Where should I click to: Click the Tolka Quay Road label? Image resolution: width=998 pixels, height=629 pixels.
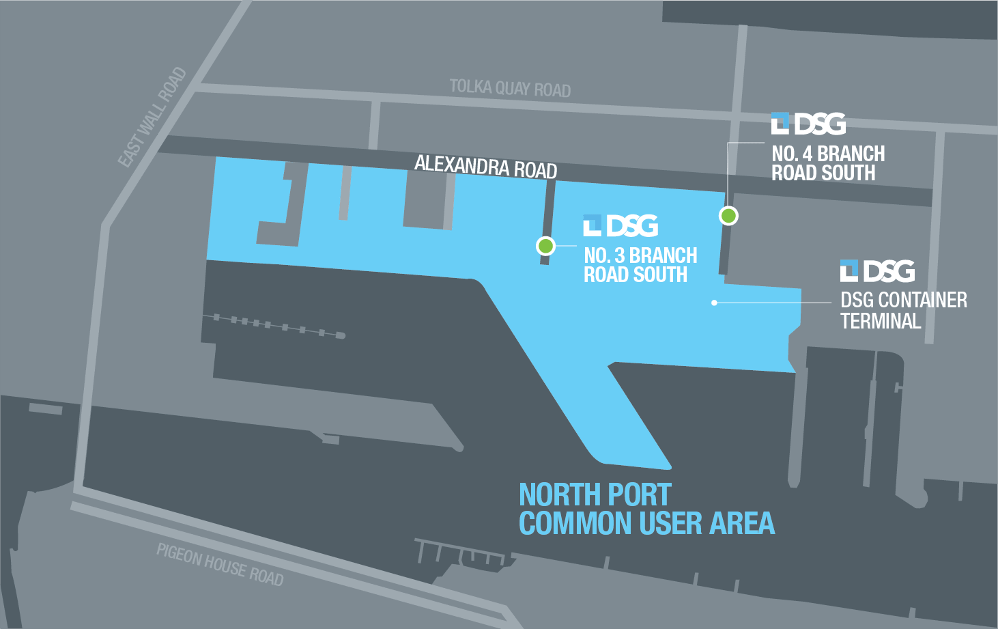coord(510,88)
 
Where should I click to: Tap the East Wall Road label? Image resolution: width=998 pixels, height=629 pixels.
coord(152,117)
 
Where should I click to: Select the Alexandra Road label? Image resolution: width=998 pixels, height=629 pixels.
coord(485,166)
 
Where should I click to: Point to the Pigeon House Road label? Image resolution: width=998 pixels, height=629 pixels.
coord(220,565)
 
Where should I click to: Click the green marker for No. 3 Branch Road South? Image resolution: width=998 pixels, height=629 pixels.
coord(545,245)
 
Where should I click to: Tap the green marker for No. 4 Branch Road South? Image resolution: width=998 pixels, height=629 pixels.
coord(729,216)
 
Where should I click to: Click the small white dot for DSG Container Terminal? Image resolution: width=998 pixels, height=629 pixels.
coord(714,302)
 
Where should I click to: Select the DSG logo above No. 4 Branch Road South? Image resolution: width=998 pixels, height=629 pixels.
coord(809,124)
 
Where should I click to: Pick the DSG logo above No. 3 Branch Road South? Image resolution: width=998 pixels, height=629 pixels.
coord(621,226)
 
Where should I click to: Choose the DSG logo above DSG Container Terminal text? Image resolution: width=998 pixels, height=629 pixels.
coord(878,271)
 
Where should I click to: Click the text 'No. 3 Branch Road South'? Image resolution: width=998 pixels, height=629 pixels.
coord(640,265)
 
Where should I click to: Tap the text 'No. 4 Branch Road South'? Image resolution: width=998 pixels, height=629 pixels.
coord(828,163)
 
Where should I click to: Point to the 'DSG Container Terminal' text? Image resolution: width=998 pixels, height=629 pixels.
coord(903,310)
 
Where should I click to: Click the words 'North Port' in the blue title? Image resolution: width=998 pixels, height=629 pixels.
coord(595,494)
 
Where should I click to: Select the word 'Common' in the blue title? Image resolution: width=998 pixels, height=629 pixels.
coord(575,524)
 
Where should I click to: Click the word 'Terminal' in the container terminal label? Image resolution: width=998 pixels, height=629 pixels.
coord(881,321)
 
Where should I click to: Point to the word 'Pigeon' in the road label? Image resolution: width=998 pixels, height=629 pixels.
coord(179,555)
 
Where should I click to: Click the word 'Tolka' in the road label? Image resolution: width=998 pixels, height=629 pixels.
coord(470,86)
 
